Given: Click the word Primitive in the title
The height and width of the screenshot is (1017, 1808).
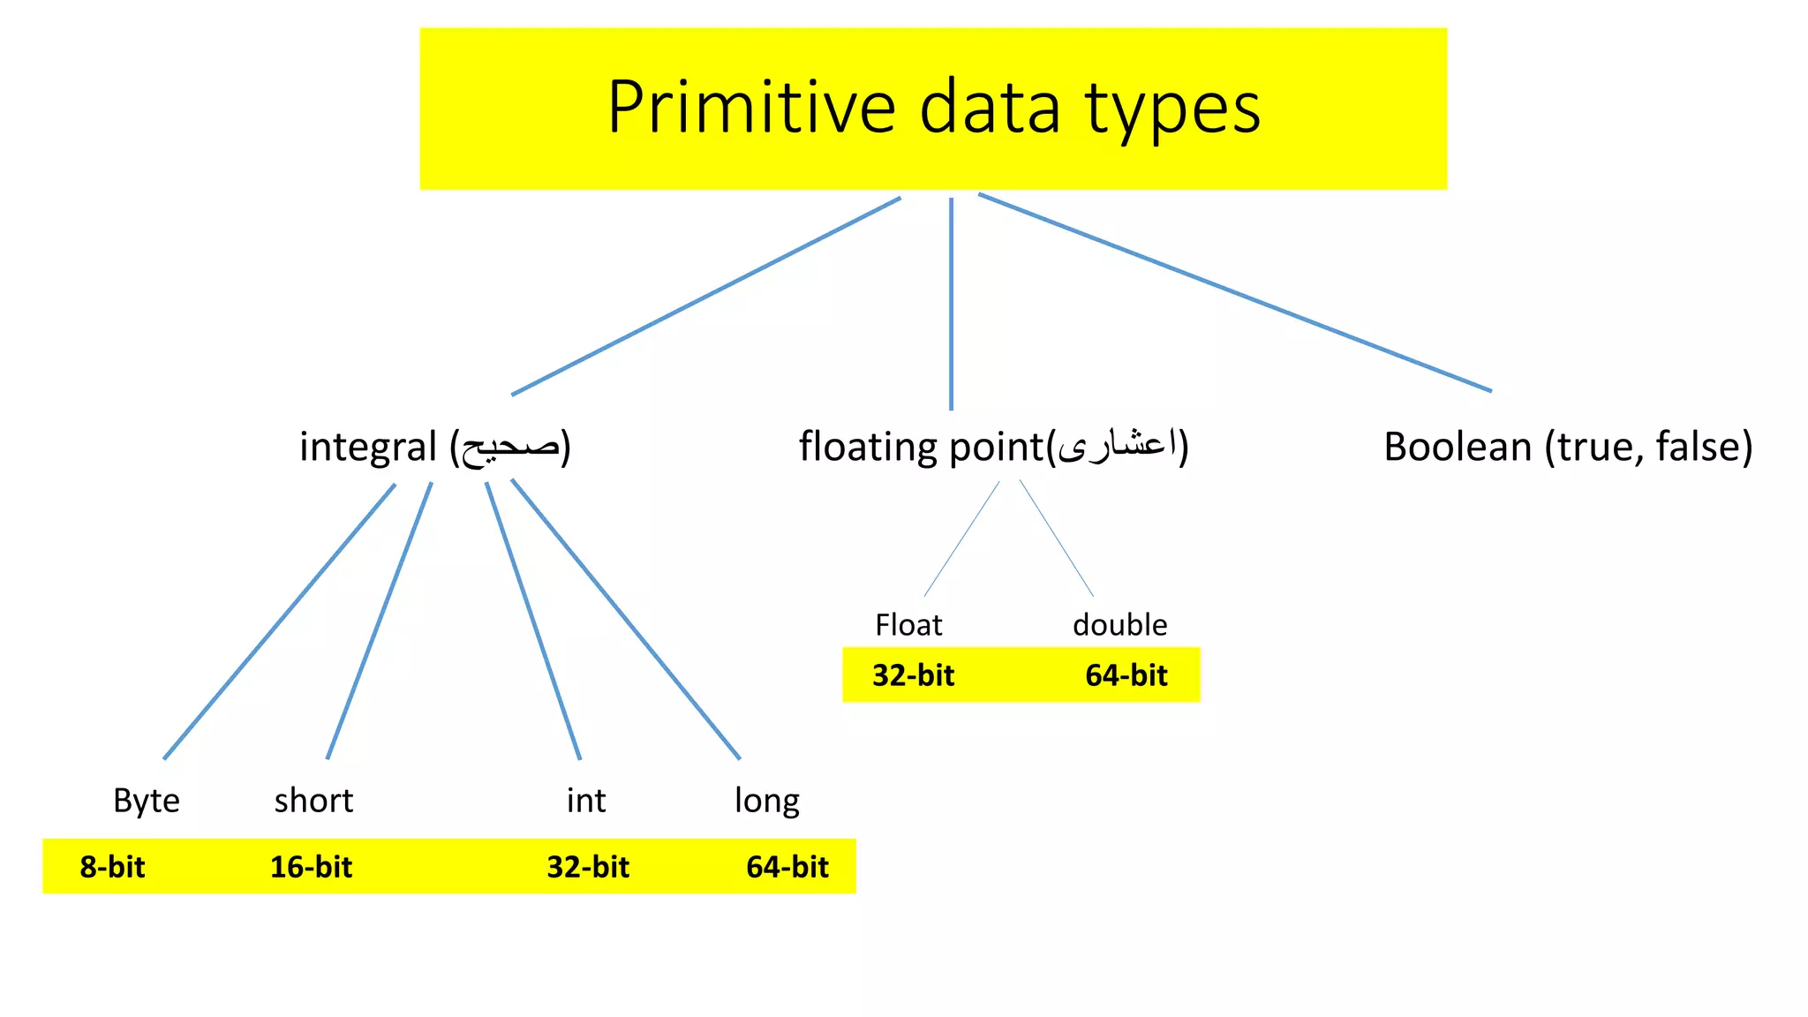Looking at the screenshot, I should (751, 107).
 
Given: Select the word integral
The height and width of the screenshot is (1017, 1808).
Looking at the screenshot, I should (368, 447).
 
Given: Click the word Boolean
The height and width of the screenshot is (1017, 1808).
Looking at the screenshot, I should (1457, 447).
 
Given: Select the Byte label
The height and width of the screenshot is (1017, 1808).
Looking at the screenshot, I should (147, 801).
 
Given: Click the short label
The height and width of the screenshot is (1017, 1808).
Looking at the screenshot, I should (313, 801).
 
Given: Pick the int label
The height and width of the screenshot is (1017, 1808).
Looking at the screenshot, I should (586, 801).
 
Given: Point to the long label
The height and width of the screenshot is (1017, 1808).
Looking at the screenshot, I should (766, 801).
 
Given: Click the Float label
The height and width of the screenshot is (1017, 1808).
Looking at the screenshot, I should (908, 625).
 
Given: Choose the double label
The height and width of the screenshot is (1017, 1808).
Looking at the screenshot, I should (1119, 625).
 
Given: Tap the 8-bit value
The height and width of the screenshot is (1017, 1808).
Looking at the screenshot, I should (112, 867).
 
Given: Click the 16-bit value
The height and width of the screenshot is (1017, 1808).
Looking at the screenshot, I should (311, 867).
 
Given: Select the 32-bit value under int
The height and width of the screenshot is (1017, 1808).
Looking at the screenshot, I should (588, 867).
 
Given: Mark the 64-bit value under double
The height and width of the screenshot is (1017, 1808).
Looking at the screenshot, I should (1126, 675).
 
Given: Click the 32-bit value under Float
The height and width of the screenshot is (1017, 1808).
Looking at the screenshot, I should (913, 675).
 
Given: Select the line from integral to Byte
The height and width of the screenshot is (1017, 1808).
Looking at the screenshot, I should (279, 621).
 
